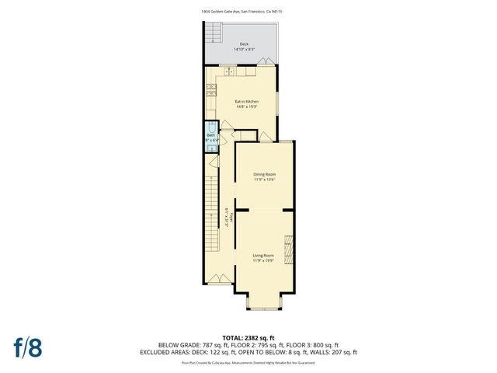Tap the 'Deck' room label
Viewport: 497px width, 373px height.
point(244,44)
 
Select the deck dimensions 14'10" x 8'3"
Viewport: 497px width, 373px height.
point(244,51)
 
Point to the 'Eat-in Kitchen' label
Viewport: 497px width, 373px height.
point(247,101)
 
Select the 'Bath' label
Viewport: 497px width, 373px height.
point(210,135)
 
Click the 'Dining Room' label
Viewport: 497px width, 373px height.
point(265,173)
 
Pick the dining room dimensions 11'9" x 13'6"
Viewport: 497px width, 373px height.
point(265,180)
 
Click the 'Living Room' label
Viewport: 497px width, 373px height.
point(263,255)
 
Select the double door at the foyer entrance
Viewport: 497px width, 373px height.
point(221,278)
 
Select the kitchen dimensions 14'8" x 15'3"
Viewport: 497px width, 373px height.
point(247,107)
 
